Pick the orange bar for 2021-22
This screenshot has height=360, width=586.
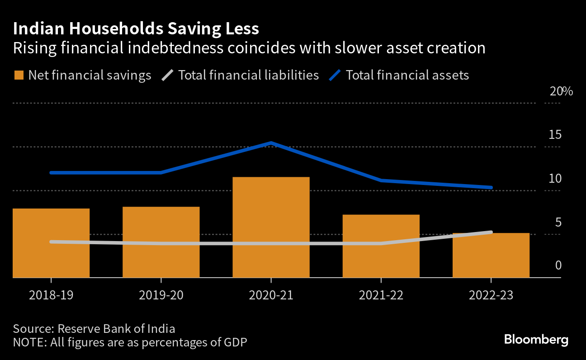click(x=381, y=246)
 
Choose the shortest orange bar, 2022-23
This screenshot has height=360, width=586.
click(x=491, y=255)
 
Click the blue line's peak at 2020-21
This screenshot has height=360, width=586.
click(x=271, y=143)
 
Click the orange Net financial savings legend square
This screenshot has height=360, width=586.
click(x=19, y=75)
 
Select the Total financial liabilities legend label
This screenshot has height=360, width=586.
click(x=249, y=75)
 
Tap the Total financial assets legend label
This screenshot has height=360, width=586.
click(x=407, y=75)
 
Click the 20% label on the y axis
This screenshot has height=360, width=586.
click(x=561, y=91)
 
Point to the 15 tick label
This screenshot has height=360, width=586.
click(x=555, y=135)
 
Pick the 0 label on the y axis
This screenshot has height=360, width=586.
click(x=558, y=265)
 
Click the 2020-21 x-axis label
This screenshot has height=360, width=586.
click(x=271, y=295)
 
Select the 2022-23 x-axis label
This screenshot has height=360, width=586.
click(x=491, y=295)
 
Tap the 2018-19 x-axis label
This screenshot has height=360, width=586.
click(x=51, y=295)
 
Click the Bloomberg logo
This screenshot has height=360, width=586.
click(x=536, y=340)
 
